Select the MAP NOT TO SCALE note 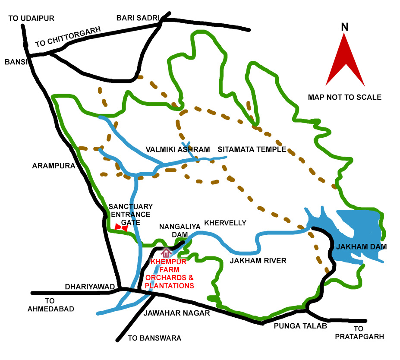click(344, 97)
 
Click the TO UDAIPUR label click(31, 18)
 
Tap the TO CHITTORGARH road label click(68, 37)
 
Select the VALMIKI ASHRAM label click(177, 150)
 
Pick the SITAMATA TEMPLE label click(252, 150)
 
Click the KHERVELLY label click(225, 223)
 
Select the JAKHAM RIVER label click(258, 261)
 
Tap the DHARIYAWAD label click(89, 287)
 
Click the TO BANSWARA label click(154, 338)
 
